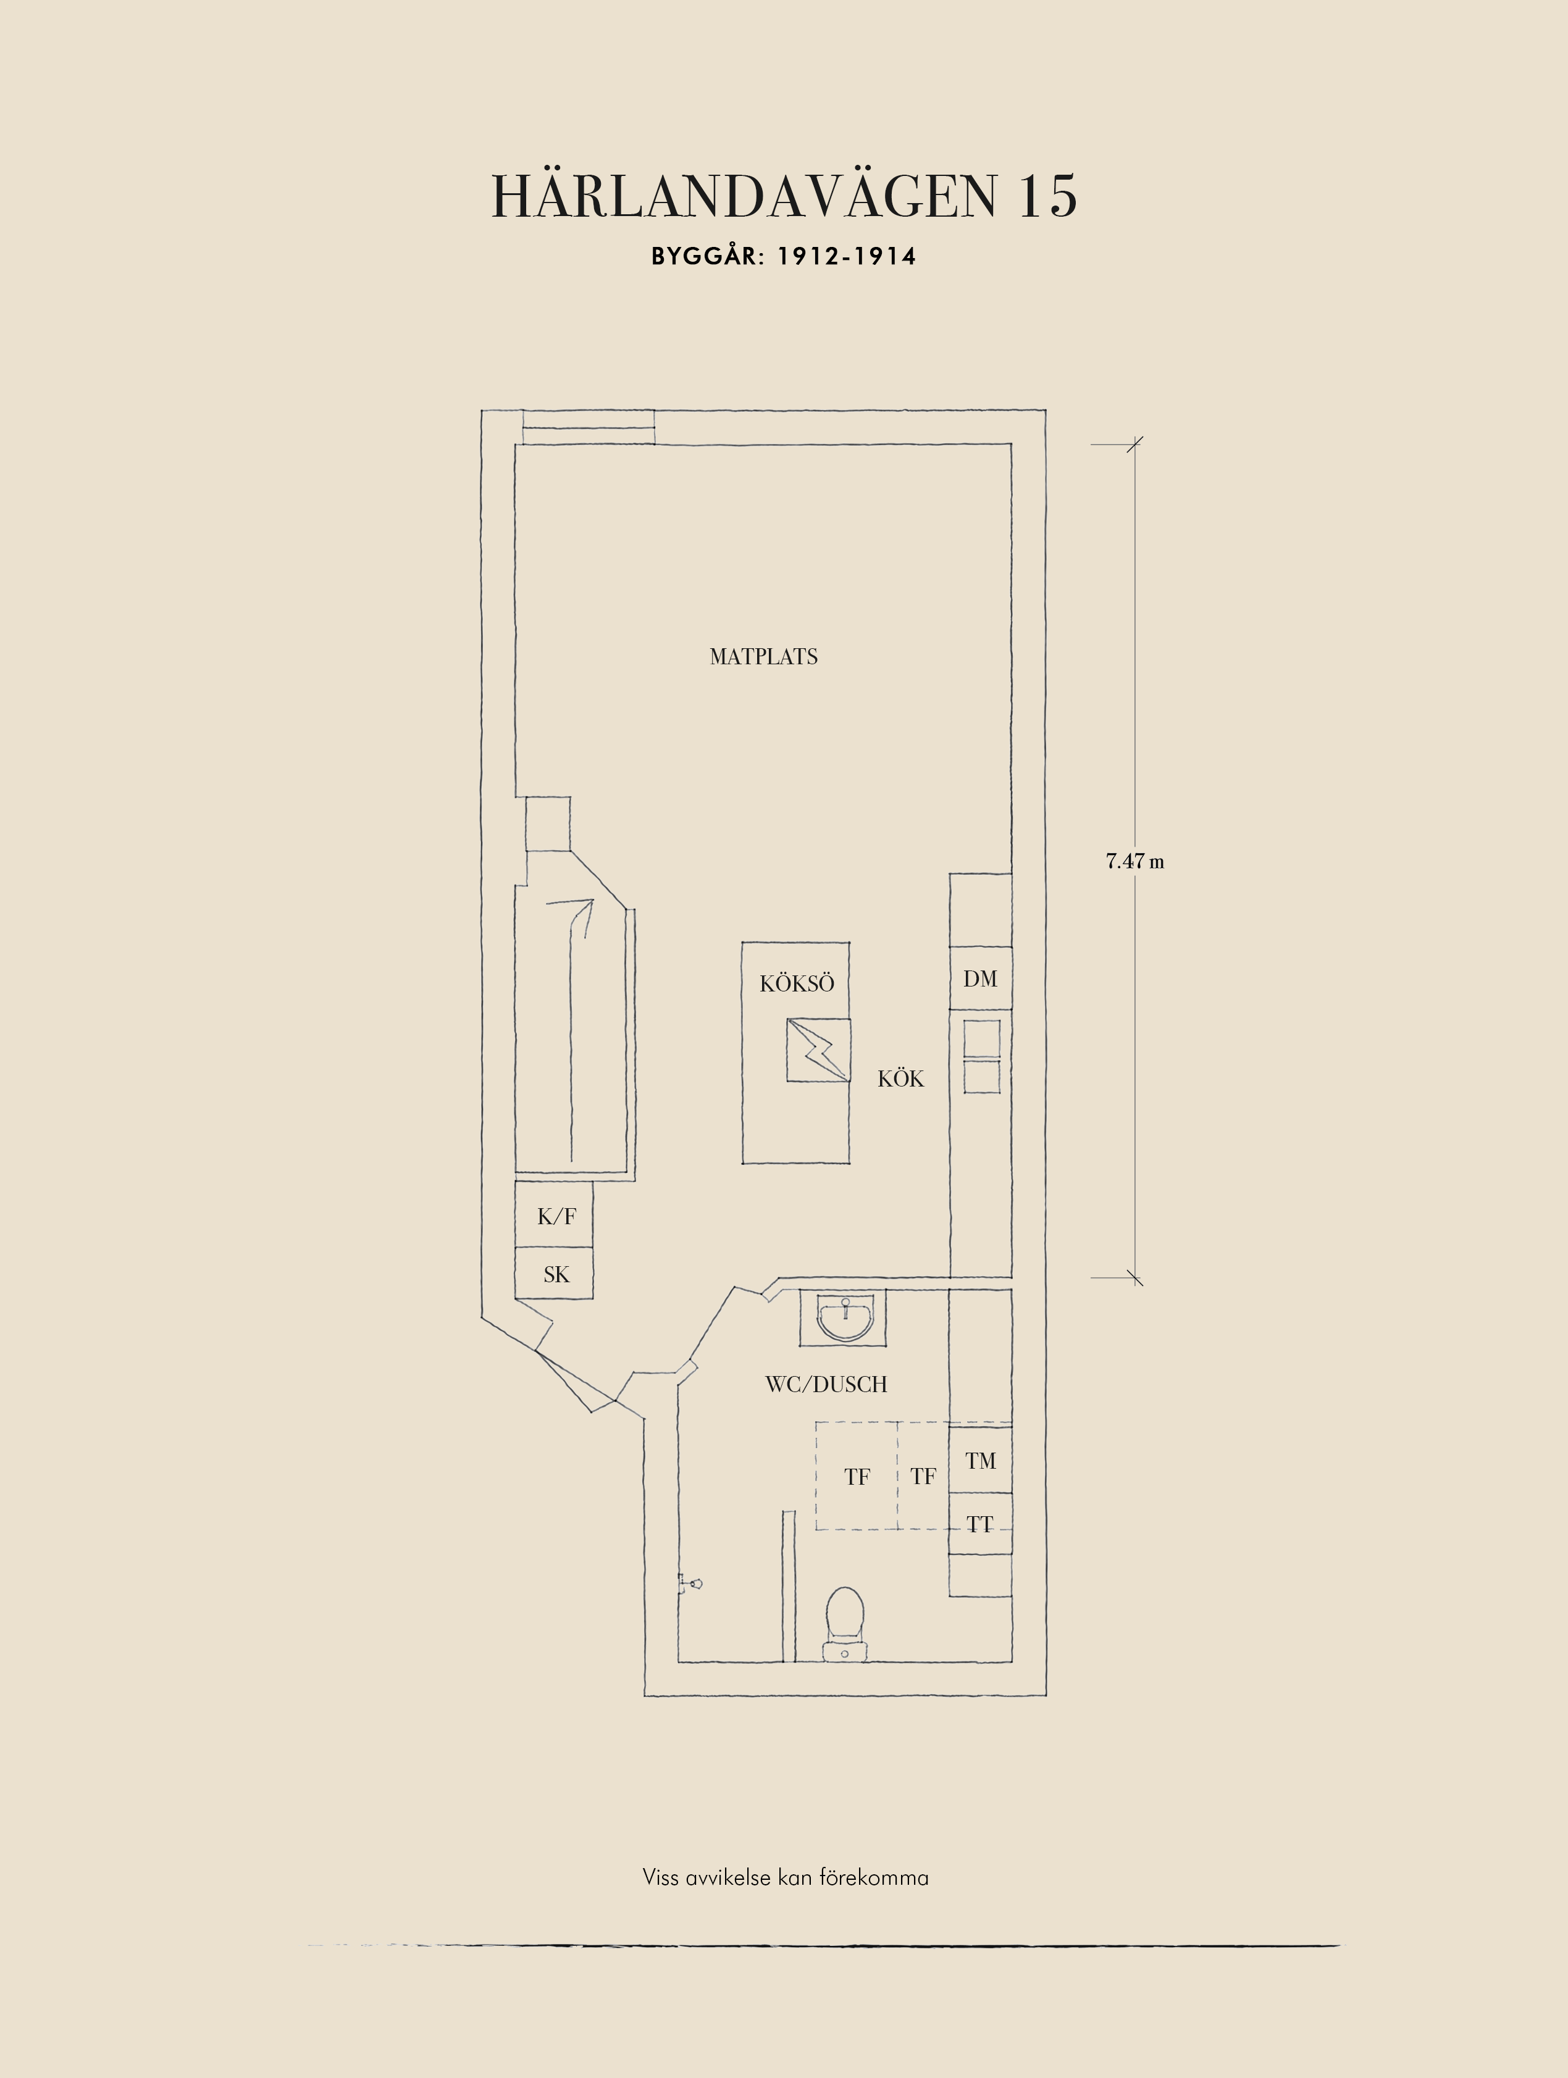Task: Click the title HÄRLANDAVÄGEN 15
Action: pyautogui.click(x=784, y=196)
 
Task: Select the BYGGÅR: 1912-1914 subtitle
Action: pyautogui.click(x=784, y=256)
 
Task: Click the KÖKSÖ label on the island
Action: pyautogui.click(x=797, y=983)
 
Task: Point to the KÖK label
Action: pyautogui.click(x=900, y=1079)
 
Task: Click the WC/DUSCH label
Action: pyautogui.click(x=826, y=1383)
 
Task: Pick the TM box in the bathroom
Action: pyautogui.click(x=980, y=1460)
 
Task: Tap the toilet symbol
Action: pyautogui.click(x=845, y=1623)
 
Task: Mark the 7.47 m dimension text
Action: pyautogui.click(x=1134, y=861)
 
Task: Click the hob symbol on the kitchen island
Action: pyautogui.click(x=818, y=1049)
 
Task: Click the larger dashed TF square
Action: pyautogui.click(x=856, y=1476)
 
